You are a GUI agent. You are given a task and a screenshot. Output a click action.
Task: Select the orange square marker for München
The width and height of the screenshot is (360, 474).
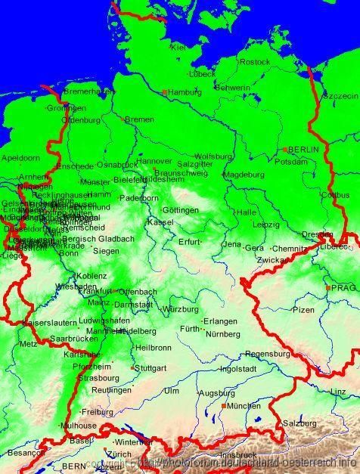224,406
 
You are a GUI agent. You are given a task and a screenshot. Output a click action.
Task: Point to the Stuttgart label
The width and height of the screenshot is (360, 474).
151,368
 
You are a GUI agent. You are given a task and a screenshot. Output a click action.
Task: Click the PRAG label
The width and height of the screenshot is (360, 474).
343,288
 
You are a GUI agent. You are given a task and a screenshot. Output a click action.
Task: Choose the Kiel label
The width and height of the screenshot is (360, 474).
178,47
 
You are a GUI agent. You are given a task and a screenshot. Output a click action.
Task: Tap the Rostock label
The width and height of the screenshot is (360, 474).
256,61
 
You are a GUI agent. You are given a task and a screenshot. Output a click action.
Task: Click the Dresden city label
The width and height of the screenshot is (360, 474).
316,234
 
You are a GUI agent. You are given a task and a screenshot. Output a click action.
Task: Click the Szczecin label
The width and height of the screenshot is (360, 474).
340,97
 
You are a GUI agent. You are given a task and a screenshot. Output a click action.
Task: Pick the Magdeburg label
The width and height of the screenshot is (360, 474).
244,174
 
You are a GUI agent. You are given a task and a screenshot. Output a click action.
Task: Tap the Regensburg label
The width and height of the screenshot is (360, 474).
268,353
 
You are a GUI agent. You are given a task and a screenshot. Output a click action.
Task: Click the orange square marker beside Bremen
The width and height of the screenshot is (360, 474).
123,119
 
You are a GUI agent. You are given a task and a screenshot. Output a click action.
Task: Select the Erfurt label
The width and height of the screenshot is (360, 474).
189,242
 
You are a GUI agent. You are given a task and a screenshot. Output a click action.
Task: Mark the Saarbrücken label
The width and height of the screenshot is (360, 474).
73,339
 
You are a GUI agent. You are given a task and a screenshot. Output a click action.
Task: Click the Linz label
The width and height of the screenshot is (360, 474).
339,391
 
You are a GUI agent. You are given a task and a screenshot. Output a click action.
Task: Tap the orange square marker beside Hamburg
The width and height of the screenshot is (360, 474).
165,92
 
